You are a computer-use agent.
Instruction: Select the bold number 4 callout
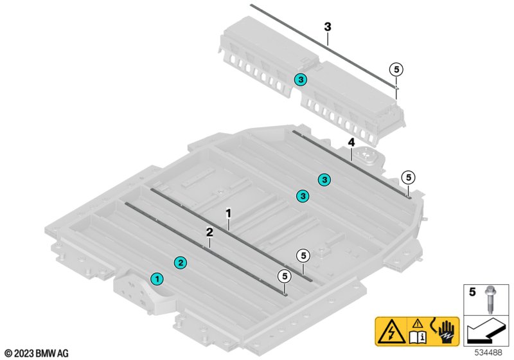pyautogui.click(x=351, y=142)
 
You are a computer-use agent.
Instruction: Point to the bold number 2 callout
pyautogui.click(x=209, y=232)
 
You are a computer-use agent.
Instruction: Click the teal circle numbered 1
pyautogui.click(x=156, y=278)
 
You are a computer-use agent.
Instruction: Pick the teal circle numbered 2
pyautogui.click(x=181, y=262)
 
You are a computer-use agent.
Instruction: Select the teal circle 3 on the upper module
pyautogui.click(x=301, y=80)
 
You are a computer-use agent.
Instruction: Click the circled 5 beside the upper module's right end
pyautogui.click(x=396, y=69)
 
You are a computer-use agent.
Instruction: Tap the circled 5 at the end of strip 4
pyautogui.click(x=407, y=177)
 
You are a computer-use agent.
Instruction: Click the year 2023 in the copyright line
pyautogui.click(x=23, y=353)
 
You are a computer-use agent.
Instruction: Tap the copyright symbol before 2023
pyautogui.click(x=7, y=353)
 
